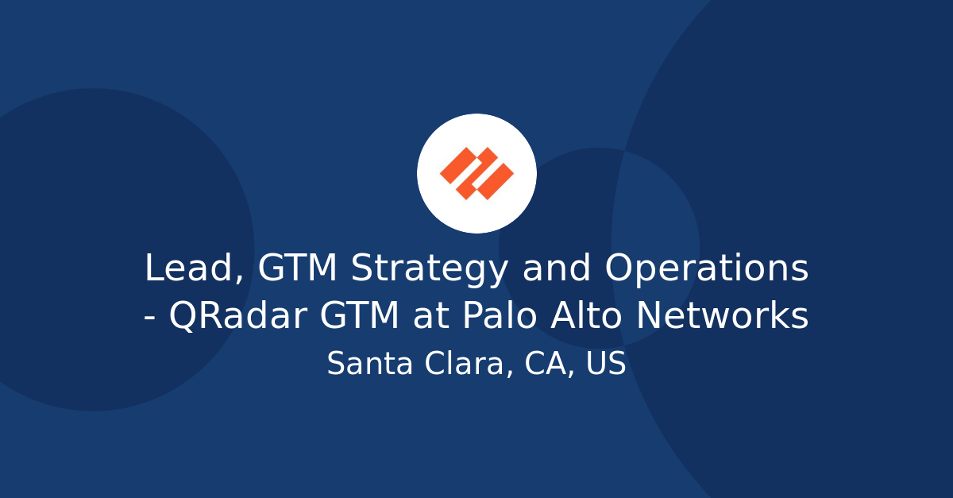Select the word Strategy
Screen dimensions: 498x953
(430, 270)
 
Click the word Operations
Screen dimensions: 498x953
(707, 270)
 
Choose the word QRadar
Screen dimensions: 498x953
(238, 317)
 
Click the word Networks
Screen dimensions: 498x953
(723, 317)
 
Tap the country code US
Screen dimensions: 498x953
(606, 365)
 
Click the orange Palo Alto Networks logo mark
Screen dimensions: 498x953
(476, 173)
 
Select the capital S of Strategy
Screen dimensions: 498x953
(362, 268)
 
